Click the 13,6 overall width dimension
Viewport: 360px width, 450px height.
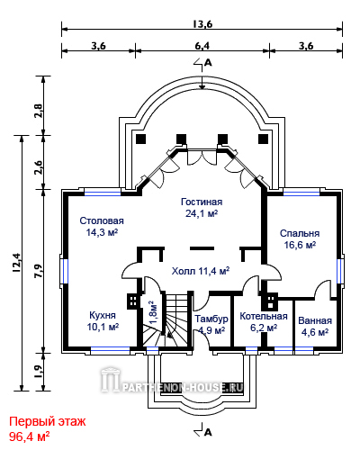click(x=202, y=24)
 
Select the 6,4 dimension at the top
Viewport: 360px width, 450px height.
click(x=202, y=46)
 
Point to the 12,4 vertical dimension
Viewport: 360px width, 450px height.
click(x=16, y=263)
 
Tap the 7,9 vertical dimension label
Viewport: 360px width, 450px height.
click(x=39, y=271)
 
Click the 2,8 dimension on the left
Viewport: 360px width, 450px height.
click(x=39, y=111)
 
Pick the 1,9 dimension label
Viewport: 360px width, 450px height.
click(x=39, y=372)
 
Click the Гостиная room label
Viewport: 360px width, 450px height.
click(x=202, y=202)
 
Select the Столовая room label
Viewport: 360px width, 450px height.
click(x=102, y=220)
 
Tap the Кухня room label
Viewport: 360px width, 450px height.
click(x=103, y=315)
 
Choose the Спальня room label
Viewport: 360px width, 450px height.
click(x=300, y=233)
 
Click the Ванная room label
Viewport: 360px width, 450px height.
click(x=315, y=320)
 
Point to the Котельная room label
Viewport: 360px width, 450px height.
click(x=264, y=316)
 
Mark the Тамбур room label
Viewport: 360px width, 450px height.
click(x=211, y=319)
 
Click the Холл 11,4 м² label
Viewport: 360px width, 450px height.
click(x=201, y=271)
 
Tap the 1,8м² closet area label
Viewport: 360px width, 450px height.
click(x=153, y=312)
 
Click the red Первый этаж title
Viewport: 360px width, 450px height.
click(x=48, y=421)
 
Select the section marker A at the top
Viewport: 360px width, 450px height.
click(x=208, y=62)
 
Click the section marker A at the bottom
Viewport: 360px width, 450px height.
click(x=208, y=432)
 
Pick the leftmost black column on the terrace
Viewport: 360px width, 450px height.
click(x=141, y=139)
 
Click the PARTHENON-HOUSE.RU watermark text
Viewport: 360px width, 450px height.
click(x=182, y=388)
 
